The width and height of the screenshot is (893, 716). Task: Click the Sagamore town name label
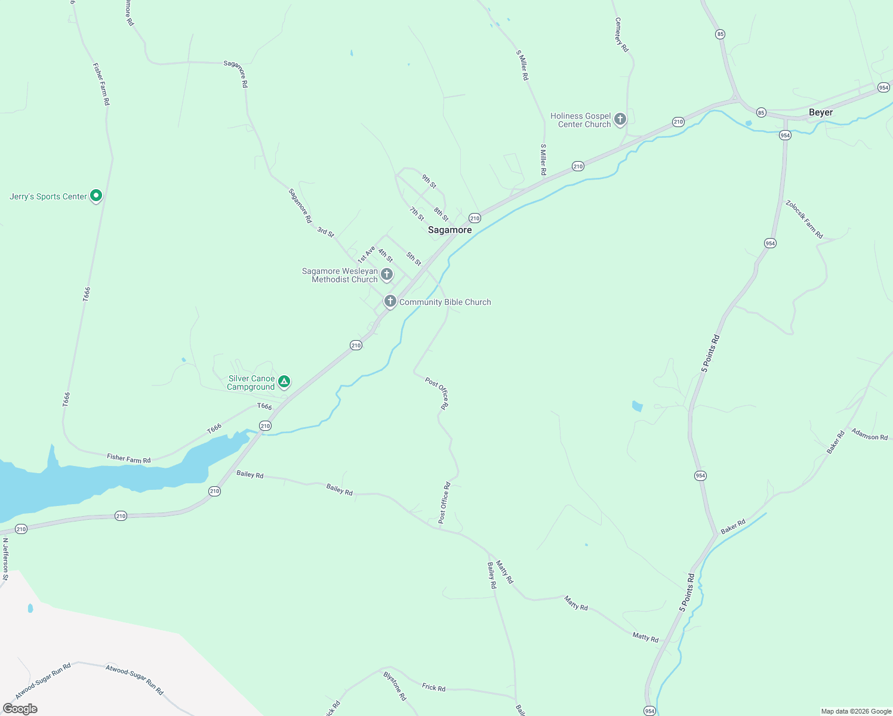click(449, 230)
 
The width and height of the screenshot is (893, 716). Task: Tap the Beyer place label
click(820, 112)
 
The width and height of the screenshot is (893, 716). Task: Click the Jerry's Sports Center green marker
click(96, 196)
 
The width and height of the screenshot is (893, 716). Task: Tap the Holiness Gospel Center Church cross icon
click(620, 119)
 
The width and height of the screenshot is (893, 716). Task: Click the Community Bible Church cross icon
click(390, 301)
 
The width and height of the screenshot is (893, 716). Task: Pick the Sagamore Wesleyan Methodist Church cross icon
click(387, 274)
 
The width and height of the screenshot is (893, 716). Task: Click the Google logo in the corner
click(20, 709)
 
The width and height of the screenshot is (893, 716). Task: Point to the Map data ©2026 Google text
click(855, 711)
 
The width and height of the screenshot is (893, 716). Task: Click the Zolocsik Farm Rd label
click(804, 220)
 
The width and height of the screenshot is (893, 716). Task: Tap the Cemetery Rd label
click(622, 35)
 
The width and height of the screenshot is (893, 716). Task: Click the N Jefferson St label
click(5, 559)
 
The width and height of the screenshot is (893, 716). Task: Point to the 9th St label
click(429, 181)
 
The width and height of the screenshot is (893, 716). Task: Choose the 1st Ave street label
click(366, 255)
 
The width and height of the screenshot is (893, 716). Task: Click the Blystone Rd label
click(395, 686)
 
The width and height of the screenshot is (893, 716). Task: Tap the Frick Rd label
click(433, 687)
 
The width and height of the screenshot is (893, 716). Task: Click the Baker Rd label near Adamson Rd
click(836, 442)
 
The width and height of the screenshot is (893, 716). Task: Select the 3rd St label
click(325, 232)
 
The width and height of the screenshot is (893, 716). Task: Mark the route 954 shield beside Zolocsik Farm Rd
click(770, 243)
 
